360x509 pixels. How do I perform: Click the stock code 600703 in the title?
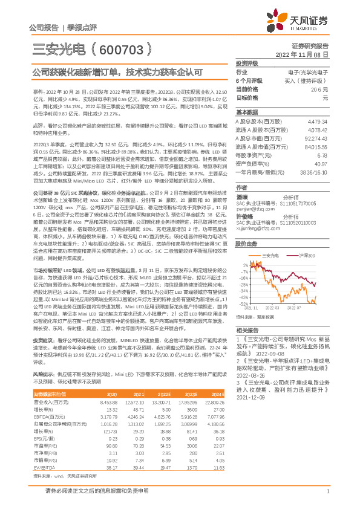point(119,50)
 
